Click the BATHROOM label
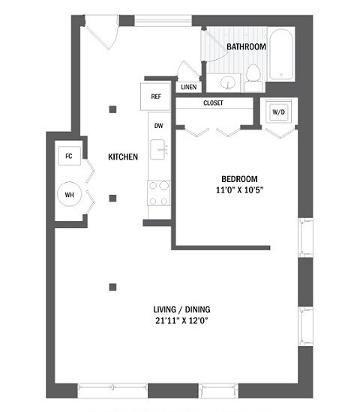(247, 46)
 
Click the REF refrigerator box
(156, 96)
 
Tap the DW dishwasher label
(158, 125)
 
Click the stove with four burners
(158, 193)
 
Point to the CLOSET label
(212, 103)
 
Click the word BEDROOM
(239, 178)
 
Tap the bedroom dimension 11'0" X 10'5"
(239, 190)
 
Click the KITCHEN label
(123, 157)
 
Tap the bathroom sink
(229, 81)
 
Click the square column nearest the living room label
(112, 285)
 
